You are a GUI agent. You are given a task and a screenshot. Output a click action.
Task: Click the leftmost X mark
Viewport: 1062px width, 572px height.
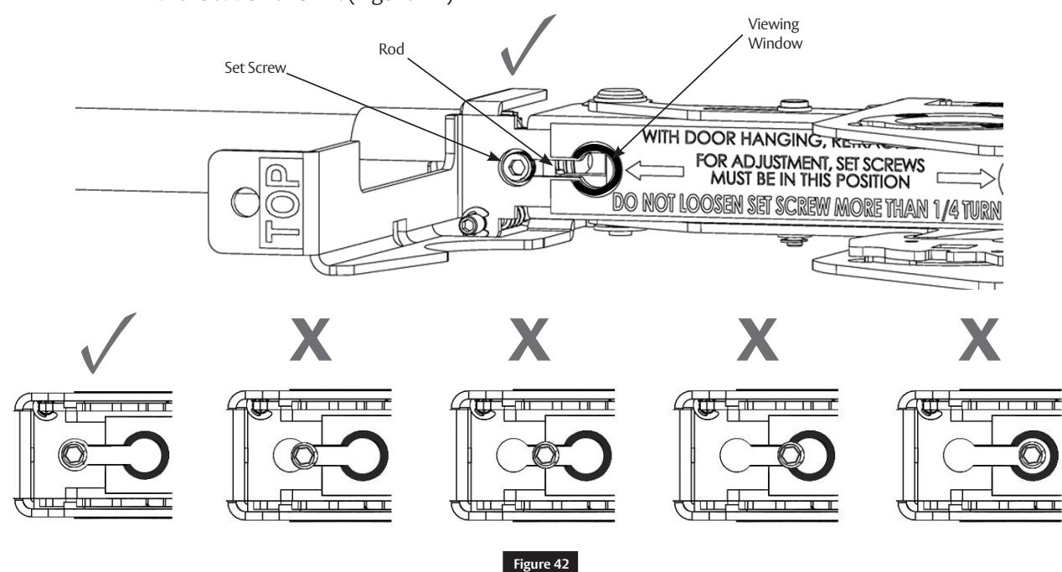pyautogui.click(x=314, y=344)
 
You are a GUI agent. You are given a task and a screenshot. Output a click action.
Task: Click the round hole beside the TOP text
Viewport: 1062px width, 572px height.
pyautogui.click(x=242, y=204)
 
